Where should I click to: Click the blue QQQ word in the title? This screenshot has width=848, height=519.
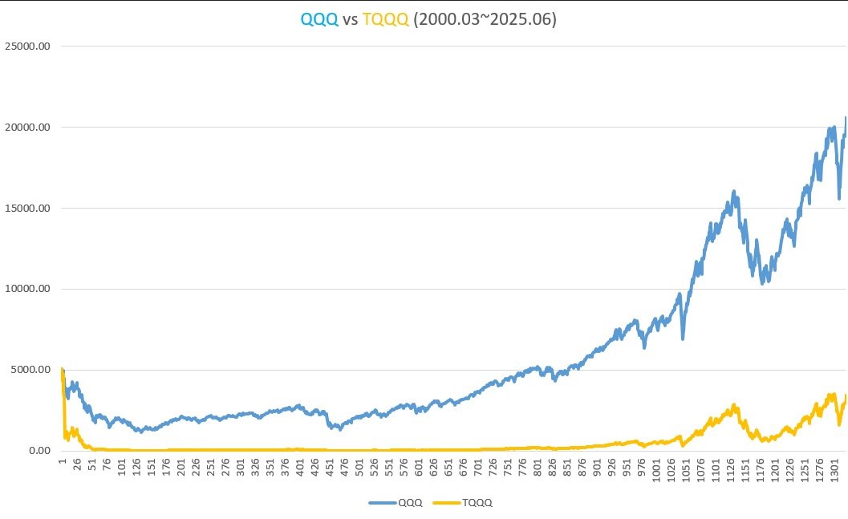click(x=319, y=18)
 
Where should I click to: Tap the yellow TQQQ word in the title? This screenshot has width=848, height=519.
click(x=387, y=18)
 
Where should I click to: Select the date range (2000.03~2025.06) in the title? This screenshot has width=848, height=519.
click(x=485, y=18)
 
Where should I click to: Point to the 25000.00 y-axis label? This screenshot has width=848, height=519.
click(x=27, y=46)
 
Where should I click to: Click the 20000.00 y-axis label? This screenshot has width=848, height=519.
click(x=27, y=127)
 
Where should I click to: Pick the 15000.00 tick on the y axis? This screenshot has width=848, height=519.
click(x=27, y=208)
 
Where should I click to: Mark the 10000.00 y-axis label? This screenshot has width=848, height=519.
click(x=27, y=289)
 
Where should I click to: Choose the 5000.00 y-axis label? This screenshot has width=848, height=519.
click(x=30, y=370)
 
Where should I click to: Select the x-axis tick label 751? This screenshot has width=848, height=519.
click(x=509, y=468)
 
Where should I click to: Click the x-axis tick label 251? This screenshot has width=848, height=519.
click(x=211, y=468)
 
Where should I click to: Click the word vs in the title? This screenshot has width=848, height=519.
click(x=351, y=18)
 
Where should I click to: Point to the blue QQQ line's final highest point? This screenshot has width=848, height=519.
click(x=846, y=119)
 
